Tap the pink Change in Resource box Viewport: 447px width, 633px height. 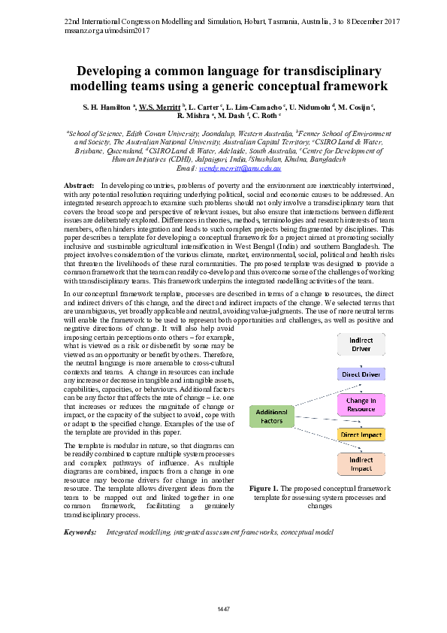click(362, 404)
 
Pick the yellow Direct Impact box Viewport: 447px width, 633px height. click(362, 435)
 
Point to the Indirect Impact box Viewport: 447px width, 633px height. click(362, 464)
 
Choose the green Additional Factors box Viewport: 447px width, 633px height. click(271, 416)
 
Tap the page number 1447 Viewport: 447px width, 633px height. click(223, 607)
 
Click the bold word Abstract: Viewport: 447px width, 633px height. click(79, 185)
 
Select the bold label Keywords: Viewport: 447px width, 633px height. click(80, 532)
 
